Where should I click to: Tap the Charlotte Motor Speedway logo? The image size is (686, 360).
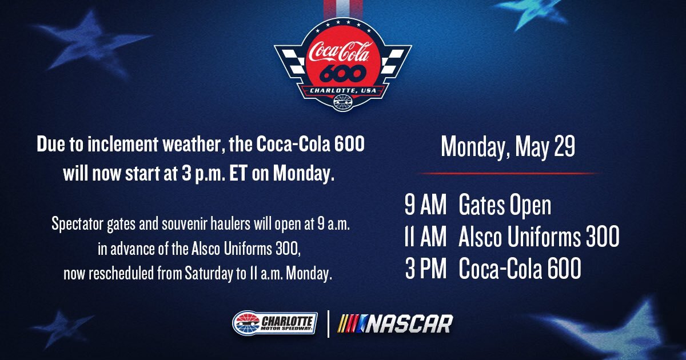274,323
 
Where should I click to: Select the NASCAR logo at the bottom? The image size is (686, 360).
396,323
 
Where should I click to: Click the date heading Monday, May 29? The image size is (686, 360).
508,147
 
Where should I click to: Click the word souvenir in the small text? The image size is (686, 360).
195,224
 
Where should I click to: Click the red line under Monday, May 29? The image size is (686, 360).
508,173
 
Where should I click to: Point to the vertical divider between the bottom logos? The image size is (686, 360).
328,323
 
